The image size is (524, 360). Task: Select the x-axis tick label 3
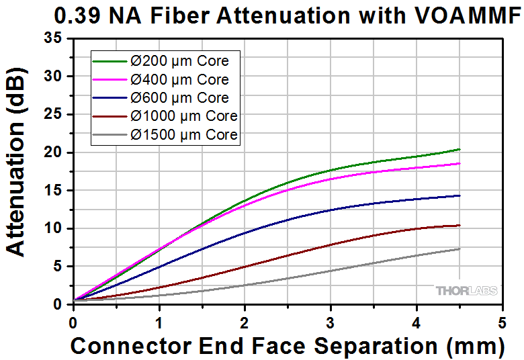pos(331,322)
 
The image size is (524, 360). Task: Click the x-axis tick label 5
pos(502,322)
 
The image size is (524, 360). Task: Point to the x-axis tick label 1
pos(159,322)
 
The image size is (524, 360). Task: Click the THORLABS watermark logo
pos(466,290)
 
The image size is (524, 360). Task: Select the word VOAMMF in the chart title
pos(470,16)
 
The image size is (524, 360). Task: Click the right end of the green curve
pos(460,149)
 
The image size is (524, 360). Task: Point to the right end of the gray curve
pos(460,249)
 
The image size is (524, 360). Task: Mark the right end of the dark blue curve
pos(460,195)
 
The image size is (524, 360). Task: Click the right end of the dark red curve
pos(460,225)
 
